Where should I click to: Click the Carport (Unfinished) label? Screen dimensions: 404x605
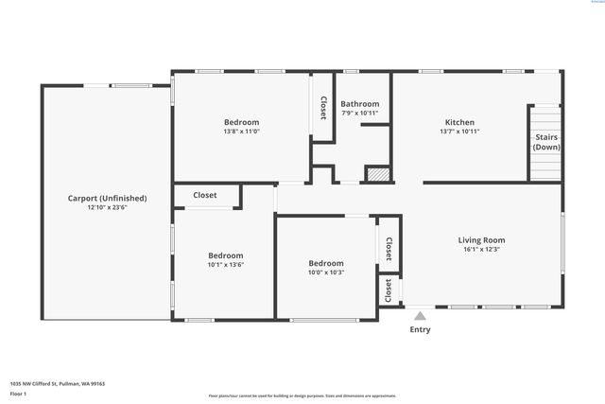pyautogui.click(x=107, y=198)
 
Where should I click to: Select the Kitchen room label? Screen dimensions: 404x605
pyautogui.click(x=459, y=122)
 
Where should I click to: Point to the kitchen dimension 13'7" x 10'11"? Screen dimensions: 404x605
pyautogui.click(x=459, y=132)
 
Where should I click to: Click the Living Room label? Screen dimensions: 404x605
pyautogui.click(x=481, y=240)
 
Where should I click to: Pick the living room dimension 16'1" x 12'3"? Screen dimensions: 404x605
pyautogui.click(x=481, y=250)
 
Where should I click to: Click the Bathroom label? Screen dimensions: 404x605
pyautogui.click(x=359, y=104)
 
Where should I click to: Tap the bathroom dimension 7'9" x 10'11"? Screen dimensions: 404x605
pyautogui.click(x=359, y=114)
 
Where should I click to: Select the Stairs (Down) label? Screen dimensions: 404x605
pyautogui.click(x=545, y=142)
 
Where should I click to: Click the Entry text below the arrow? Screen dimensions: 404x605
pyautogui.click(x=420, y=330)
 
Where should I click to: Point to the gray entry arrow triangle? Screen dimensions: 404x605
pyautogui.click(x=420, y=315)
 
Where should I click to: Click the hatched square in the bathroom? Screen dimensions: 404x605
pyautogui.click(x=377, y=174)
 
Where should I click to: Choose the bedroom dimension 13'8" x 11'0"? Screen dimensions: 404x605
pyautogui.click(x=241, y=132)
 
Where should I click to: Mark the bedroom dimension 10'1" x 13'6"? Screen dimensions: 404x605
pyautogui.click(x=226, y=265)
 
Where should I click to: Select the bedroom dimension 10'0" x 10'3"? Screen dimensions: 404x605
pyautogui.click(x=325, y=272)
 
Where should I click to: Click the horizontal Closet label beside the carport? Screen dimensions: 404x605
pyautogui.click(x=204, y=196)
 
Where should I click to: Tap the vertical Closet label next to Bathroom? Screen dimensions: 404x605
pyautogui.click(x=322, y=108)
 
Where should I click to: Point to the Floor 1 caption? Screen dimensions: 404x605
pyautogui.click(x=18, y=393)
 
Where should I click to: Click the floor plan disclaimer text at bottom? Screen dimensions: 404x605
pyautogui.click(x=302, y=395)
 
